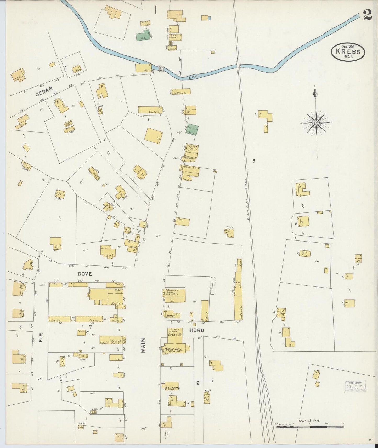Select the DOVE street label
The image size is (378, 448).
coord(85,274)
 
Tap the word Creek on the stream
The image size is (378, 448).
coord(195,77)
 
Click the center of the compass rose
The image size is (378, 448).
coord(316,123)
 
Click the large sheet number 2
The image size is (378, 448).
coord(368,16)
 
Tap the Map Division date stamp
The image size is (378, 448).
coord(355,386)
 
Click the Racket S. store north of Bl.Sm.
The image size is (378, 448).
coord(182,92)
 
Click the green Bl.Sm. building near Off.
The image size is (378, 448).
coord(143,36)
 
